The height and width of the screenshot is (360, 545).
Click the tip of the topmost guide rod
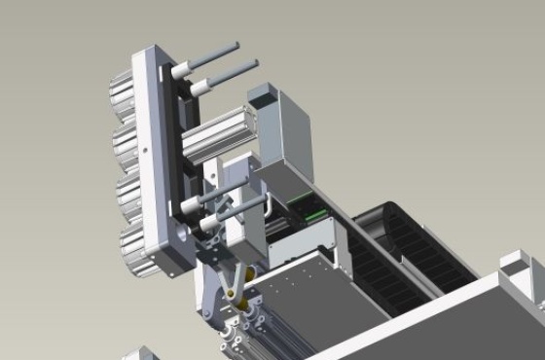point(236,45)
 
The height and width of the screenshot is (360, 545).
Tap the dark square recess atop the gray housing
point(263,95)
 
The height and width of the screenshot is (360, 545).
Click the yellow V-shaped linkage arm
point(232,282)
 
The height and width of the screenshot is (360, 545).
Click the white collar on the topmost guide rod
point(180,71)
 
